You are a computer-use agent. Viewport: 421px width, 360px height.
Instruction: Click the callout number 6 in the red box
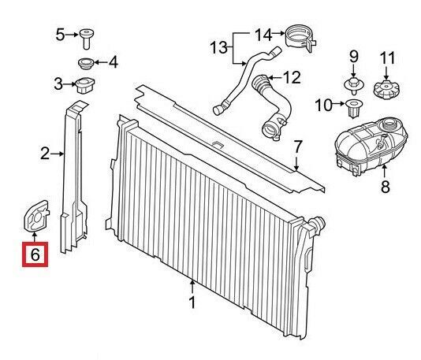coord(35,254)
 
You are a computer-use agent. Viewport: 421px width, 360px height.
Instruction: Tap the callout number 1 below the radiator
coord(192,302)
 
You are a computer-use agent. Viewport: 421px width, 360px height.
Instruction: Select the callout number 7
coord(296,147)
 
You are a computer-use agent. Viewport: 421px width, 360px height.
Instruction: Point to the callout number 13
coord(218,48)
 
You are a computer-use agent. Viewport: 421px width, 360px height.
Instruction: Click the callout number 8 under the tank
coord(385,187)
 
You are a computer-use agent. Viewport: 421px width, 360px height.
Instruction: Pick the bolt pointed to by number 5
coord(86,39)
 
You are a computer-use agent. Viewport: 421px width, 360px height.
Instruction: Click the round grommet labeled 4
coord(86,64)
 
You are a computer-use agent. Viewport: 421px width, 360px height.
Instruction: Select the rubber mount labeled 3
coord(85,85)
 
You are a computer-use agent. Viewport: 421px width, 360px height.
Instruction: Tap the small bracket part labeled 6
coord(36,216)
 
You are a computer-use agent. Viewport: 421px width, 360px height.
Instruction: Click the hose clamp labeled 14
coord(300,38)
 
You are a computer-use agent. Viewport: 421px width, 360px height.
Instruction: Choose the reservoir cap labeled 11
coord(386,89)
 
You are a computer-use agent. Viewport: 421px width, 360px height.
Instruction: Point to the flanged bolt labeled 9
coord(354,86)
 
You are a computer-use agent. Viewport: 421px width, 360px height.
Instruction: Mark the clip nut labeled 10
coord(354,108)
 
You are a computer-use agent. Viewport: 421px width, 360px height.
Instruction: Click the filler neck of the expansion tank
coord(389,125)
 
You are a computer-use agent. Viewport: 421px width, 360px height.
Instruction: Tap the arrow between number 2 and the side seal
coord(58,154)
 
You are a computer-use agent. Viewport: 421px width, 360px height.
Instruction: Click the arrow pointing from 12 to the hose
coord(274,78)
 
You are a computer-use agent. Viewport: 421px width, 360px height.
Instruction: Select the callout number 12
coord(292,78)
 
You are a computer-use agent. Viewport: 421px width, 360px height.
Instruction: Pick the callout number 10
coord(323,105)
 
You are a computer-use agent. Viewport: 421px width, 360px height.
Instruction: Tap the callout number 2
coord(45,154)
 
